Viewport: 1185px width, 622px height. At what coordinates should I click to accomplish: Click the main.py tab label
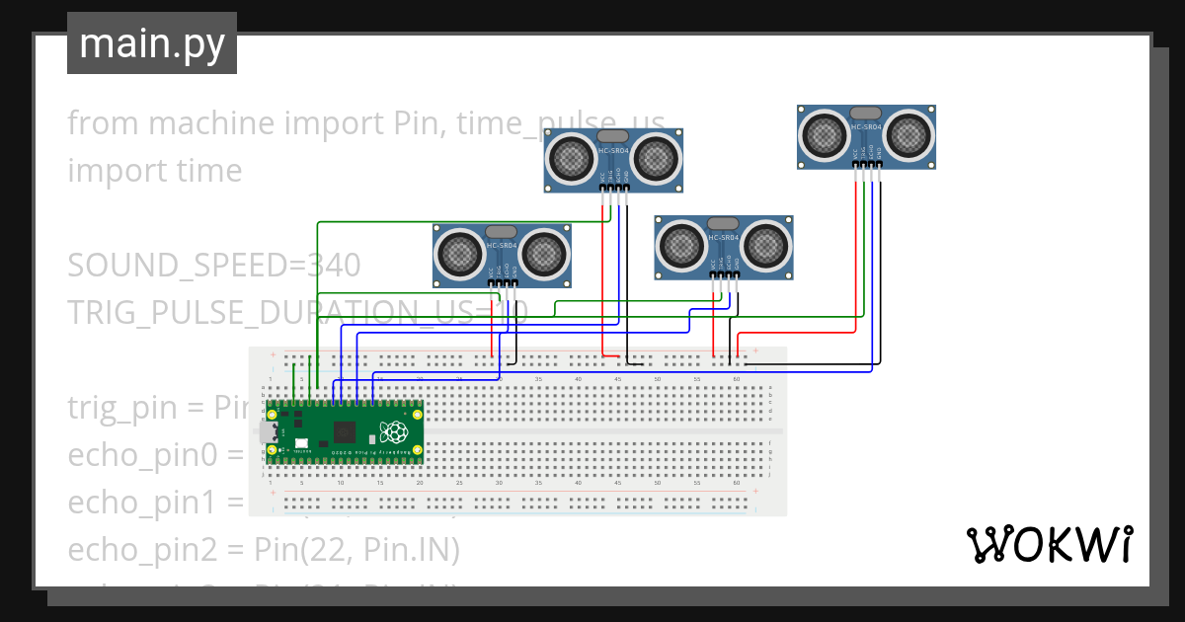coord(151,43)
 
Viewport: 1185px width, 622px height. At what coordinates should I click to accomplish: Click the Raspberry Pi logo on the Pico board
coord(394,432)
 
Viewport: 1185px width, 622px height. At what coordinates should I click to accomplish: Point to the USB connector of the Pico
coord(268,432)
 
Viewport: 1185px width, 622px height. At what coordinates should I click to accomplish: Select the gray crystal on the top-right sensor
coord(866,112)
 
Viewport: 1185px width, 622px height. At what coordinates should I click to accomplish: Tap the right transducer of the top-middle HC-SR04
coord(656,155)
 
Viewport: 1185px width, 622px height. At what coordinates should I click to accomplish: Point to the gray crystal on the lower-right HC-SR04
coord(724,223)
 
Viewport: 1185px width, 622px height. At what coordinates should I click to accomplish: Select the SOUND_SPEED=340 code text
coord(213,265)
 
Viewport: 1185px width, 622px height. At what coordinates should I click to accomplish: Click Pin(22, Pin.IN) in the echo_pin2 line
coord(356,550)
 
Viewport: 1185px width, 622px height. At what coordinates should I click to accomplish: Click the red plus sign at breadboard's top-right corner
coord(755,351)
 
